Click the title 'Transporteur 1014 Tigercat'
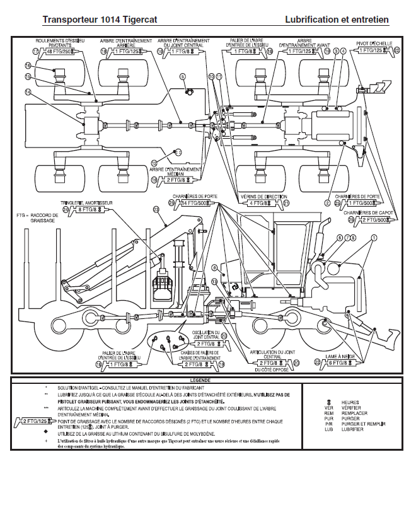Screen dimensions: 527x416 (95, 20)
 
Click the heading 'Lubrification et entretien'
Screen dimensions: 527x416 (337, 20)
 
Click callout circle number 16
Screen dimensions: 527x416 (28, 66)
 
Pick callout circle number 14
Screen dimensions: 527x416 (28, 92)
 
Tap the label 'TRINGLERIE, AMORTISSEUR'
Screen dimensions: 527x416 (86, 203)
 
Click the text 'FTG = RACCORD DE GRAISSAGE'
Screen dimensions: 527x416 (37, 217)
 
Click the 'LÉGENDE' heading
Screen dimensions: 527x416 (208, 381)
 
